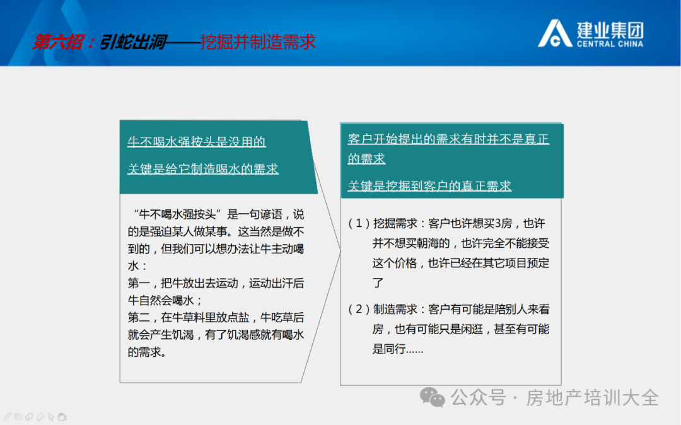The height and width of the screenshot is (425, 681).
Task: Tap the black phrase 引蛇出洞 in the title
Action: pos(133,42)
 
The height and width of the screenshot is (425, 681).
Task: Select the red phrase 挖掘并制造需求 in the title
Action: pos(258,42)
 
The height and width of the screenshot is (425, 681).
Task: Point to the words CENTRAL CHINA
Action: pos(610,44)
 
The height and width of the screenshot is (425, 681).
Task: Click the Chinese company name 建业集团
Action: pos(610,30)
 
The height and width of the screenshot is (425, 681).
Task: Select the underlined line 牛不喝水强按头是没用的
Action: pos(196,142)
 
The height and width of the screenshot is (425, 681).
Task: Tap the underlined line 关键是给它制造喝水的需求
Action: pos(203,169)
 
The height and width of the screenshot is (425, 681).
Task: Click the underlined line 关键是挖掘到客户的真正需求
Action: pos(429,186)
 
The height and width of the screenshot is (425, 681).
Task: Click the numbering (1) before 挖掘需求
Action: pos(359,224)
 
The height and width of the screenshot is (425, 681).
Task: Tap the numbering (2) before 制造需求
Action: pos(359,310)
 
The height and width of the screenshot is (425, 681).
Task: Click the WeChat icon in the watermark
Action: pos(432,397)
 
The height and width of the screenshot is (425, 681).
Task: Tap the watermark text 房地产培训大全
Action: pos(593,398)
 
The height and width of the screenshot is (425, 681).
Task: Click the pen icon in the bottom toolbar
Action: pos(8,417)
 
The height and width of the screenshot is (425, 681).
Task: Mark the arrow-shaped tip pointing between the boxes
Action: pos(340,251)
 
